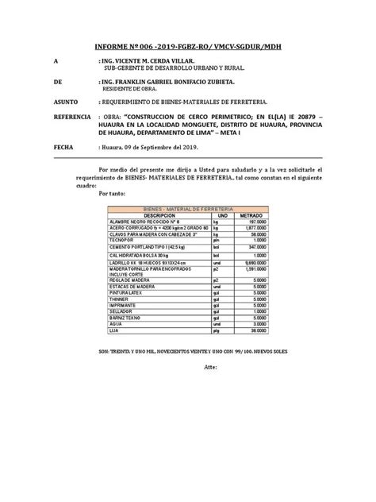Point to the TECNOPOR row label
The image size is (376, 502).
(147, 241)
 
